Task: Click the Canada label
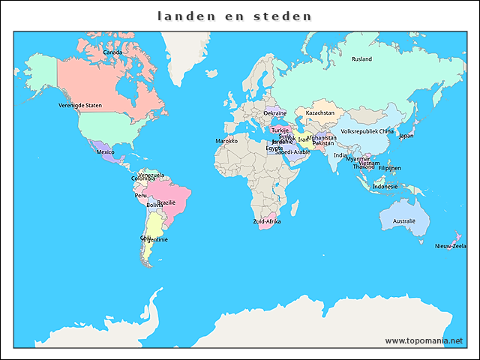coord(112,52)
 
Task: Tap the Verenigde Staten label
coord(80,106)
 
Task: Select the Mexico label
coord(106,152)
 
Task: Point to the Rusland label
coord(361,58)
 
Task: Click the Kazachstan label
coord(320,113)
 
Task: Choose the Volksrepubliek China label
coord(367,131)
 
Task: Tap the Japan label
coord(406,136)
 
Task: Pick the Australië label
coord(404,221)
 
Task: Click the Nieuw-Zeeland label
coord(450,245)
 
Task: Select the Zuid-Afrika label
coord(267,221)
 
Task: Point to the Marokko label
coord(226,141)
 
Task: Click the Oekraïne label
coord(274,113)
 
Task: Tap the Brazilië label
coord(166,202)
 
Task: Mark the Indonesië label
coord(385,186)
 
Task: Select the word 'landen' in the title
coord(184,16)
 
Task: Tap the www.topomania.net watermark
coord(424,340)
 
